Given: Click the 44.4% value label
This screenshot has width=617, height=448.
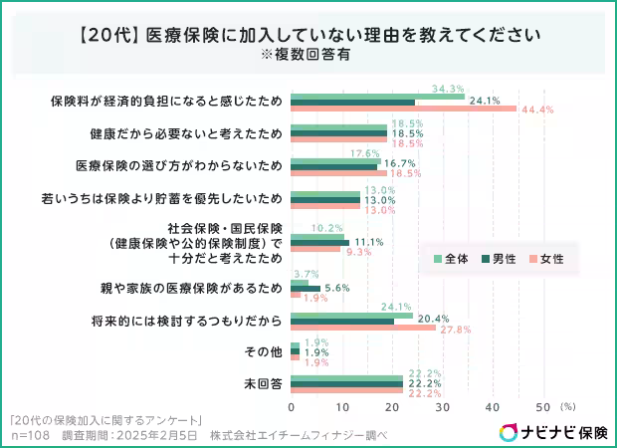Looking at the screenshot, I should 537,110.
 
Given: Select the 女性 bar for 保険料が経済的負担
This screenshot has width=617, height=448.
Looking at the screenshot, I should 403,109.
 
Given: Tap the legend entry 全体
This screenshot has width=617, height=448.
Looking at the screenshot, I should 452,259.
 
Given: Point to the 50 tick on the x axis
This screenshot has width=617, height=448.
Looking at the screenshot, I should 542,407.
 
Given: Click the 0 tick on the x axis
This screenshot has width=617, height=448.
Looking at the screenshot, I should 292,407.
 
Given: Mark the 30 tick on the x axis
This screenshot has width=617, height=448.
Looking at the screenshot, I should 442,407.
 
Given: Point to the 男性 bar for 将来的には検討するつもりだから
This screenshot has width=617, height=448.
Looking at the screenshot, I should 342,322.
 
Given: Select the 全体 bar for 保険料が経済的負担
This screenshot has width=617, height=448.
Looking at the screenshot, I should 377,96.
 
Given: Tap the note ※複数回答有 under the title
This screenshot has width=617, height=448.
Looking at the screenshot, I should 308,55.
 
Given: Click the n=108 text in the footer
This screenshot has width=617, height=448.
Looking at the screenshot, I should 30,436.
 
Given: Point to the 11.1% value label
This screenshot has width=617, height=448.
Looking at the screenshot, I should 368,242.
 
